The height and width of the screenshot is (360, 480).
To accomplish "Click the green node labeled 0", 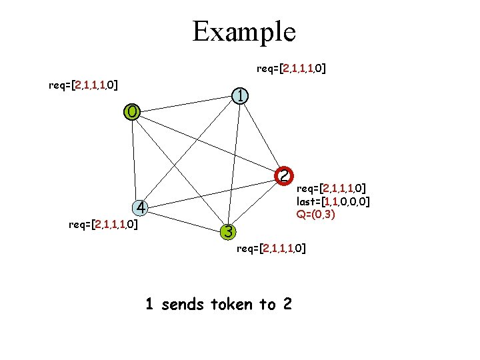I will pyautogui.click(x=132, y=111).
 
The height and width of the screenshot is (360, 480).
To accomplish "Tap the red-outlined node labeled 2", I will pyautogui.click(x=284, y=175).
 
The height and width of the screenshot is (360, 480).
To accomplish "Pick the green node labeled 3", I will pyautogui.click(x=228, y=232).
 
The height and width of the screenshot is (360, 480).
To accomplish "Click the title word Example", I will pyautogui.click(x=243, y=31).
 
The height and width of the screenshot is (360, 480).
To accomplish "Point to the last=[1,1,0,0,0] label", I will pyautogui.click(x=333, y=201).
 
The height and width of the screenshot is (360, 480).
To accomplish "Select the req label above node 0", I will pyautogui.click(x=84, y=85).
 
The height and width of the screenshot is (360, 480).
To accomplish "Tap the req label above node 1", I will pyautogui.click(x=291, y=68).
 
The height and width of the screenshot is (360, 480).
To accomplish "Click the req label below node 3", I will pyautogui.click(x=272, y=249).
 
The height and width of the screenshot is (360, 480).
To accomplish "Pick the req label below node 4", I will pyautogui.click(x=103, y=224).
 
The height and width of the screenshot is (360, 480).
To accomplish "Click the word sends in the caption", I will pyautogui.click(x=183, y=305).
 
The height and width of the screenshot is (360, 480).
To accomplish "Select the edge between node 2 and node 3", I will pyautogui.click(x=256, y=203).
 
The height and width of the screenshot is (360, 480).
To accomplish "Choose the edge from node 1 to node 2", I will pyautogui.click(x=261, y=135).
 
